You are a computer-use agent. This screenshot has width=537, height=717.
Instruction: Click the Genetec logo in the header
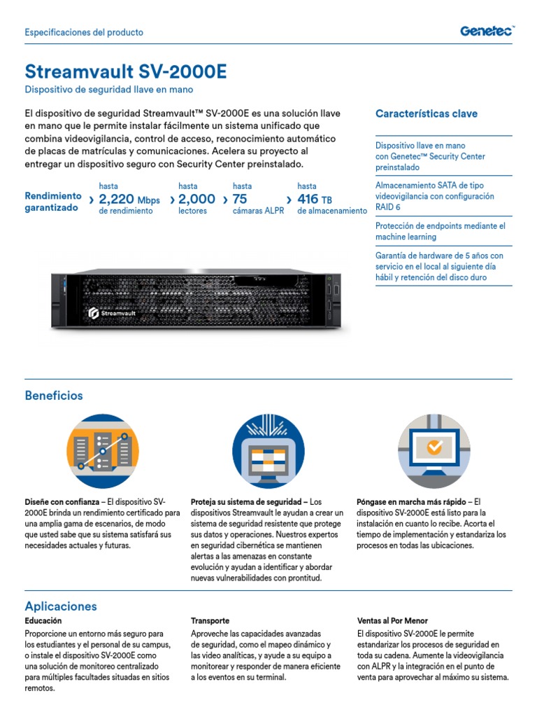tap(487, 31)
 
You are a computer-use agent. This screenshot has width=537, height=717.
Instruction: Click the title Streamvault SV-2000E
tap(126, 72)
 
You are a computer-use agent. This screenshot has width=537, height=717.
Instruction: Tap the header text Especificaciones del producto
tap(84, 32)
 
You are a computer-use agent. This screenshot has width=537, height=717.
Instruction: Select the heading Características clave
tap(427, 113)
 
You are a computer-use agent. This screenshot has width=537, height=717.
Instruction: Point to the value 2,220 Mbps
tap(129, 200)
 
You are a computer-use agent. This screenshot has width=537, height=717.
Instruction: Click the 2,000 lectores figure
tap(196, 200)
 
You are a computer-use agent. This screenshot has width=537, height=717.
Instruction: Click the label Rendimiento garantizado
tap(53, 202)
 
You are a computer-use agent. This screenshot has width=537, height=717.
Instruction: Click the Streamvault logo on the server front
tap(112, 314)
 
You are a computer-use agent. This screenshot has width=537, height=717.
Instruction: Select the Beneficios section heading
tap(54, 396)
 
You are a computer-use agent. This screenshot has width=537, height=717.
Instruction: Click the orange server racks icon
tap(103, 451)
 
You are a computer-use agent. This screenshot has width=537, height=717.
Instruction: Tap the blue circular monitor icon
tap(268, 451)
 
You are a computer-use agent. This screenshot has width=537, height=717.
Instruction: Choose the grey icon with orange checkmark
tap(434, 451)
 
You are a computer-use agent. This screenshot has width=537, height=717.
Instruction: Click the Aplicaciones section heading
tap(61, 606)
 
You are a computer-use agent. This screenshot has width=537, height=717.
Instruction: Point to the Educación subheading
tap(43, 621)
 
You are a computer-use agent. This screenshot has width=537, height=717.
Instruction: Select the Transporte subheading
tap(210, 621)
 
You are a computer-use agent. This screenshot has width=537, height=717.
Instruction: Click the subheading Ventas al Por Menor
tap(392, 621)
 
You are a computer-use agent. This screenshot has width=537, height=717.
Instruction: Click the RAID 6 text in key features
tap(388, 207)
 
